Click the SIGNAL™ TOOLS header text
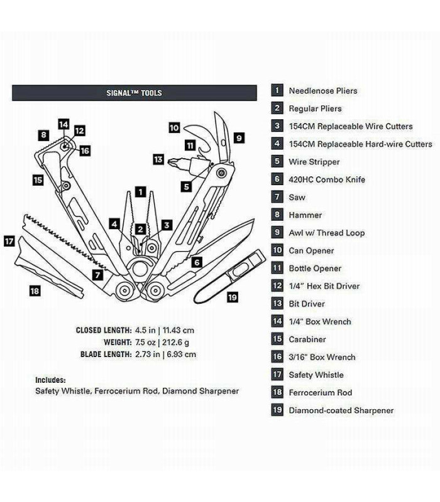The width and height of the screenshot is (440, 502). point(134,93)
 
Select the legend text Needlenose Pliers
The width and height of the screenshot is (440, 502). point(322,91)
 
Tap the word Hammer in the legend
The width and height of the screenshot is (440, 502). point(305,215)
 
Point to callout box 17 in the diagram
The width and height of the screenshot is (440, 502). point(9,240)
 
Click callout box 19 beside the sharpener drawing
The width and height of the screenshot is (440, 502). point(233,297)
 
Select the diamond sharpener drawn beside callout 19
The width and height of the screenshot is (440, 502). point(229,276)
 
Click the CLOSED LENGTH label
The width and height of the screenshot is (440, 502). point(104,330)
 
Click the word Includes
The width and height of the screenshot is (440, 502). point(50,380)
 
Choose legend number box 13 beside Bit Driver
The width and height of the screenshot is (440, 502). point(277,304)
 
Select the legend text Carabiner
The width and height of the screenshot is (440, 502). point(307,339)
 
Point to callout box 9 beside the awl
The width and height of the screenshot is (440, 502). point(239,137)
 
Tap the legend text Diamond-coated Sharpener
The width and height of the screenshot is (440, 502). point(341,410)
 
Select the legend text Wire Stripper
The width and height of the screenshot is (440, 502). point(314,162)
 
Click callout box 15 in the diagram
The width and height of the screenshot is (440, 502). point(38,179)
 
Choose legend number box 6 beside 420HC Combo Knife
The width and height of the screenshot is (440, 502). point(277,179)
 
